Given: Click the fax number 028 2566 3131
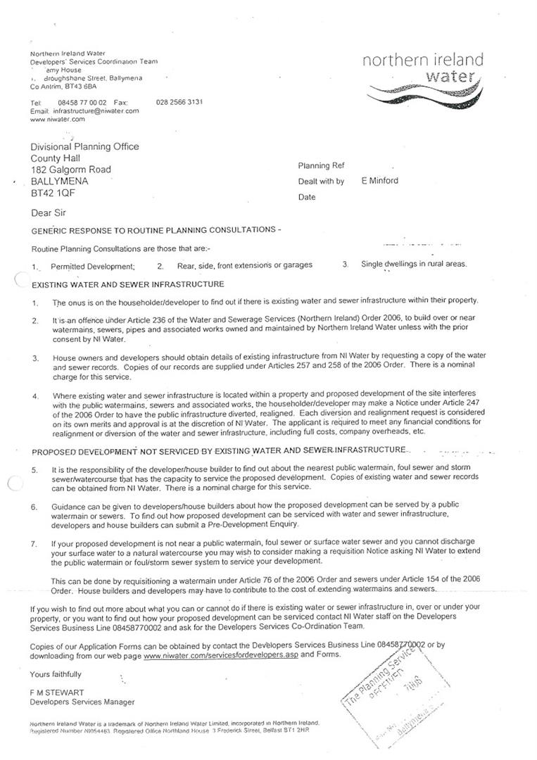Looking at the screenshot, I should point(179,102).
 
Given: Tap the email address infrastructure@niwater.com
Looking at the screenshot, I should point(95,111).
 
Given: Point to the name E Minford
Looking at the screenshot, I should point(379,181).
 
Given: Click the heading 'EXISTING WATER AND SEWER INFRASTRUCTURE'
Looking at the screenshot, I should point(128,284).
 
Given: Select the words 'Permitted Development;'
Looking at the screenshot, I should point(92,267).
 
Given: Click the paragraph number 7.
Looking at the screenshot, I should point(34,543).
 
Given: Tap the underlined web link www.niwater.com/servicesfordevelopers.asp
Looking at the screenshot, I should point(221,654).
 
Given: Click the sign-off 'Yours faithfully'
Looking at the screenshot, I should point(56,674).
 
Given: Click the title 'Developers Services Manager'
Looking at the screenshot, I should point(82,702).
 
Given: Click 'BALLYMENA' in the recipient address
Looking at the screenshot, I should point(59,181).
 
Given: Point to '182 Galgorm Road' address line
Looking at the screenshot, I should point(70,170).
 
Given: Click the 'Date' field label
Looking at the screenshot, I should point(307,197).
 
